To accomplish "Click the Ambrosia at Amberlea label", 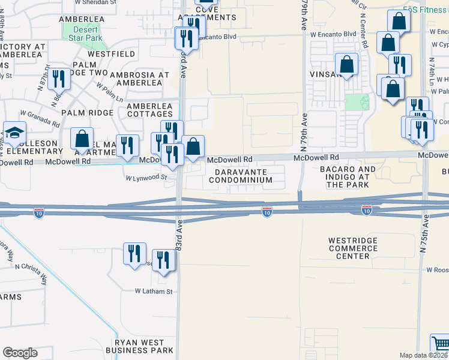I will [x=139, y=79].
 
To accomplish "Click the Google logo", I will [x=20, y=353].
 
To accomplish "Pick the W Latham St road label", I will [x=153, y=292].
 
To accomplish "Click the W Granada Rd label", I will [x=40, y=118].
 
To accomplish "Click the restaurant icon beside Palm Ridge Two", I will [x=59, y=79].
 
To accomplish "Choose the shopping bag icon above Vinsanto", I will [x=346, y=64].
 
